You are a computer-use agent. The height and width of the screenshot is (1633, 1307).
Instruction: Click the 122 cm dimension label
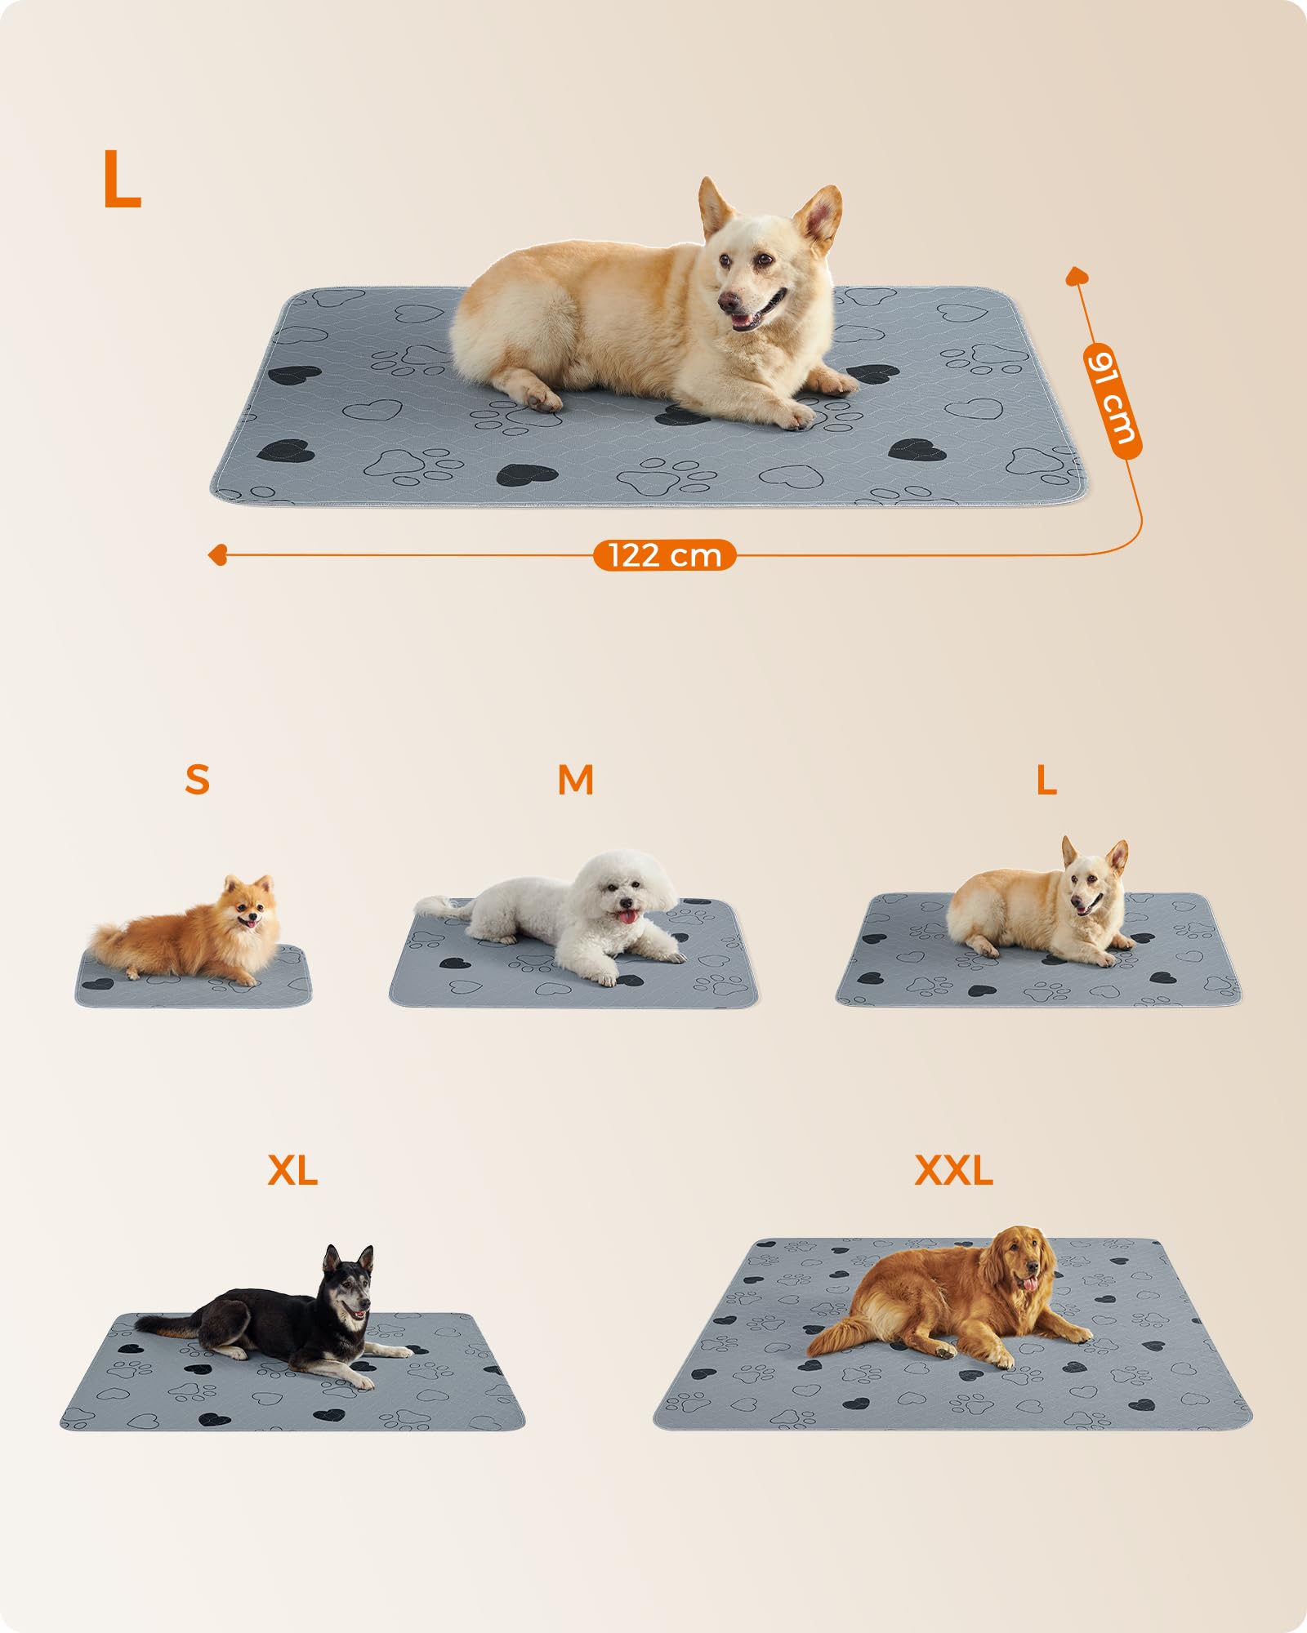(x=664, y=555)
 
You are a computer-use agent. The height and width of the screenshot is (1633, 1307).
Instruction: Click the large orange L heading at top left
(x=123, y=180)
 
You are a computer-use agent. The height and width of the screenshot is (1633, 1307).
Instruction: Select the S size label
(x=197, y=780)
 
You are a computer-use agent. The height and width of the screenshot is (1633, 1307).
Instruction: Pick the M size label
(x=575, y=780)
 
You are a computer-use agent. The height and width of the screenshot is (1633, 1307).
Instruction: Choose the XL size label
(x=292, y=1172)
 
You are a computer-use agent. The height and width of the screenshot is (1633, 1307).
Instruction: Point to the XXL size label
(x=953, y=1170)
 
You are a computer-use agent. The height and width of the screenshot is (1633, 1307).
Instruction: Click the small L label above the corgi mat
(x=1046, y=781)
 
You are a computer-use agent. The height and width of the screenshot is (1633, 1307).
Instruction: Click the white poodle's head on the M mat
(x=625, y=886)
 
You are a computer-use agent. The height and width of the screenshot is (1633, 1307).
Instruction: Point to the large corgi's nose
(x=726, y=302)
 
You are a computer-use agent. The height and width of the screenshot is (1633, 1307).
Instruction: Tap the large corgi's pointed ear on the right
(x=819, y=216)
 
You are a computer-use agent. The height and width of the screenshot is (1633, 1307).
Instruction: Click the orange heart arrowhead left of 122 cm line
(x=217, y=556)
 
